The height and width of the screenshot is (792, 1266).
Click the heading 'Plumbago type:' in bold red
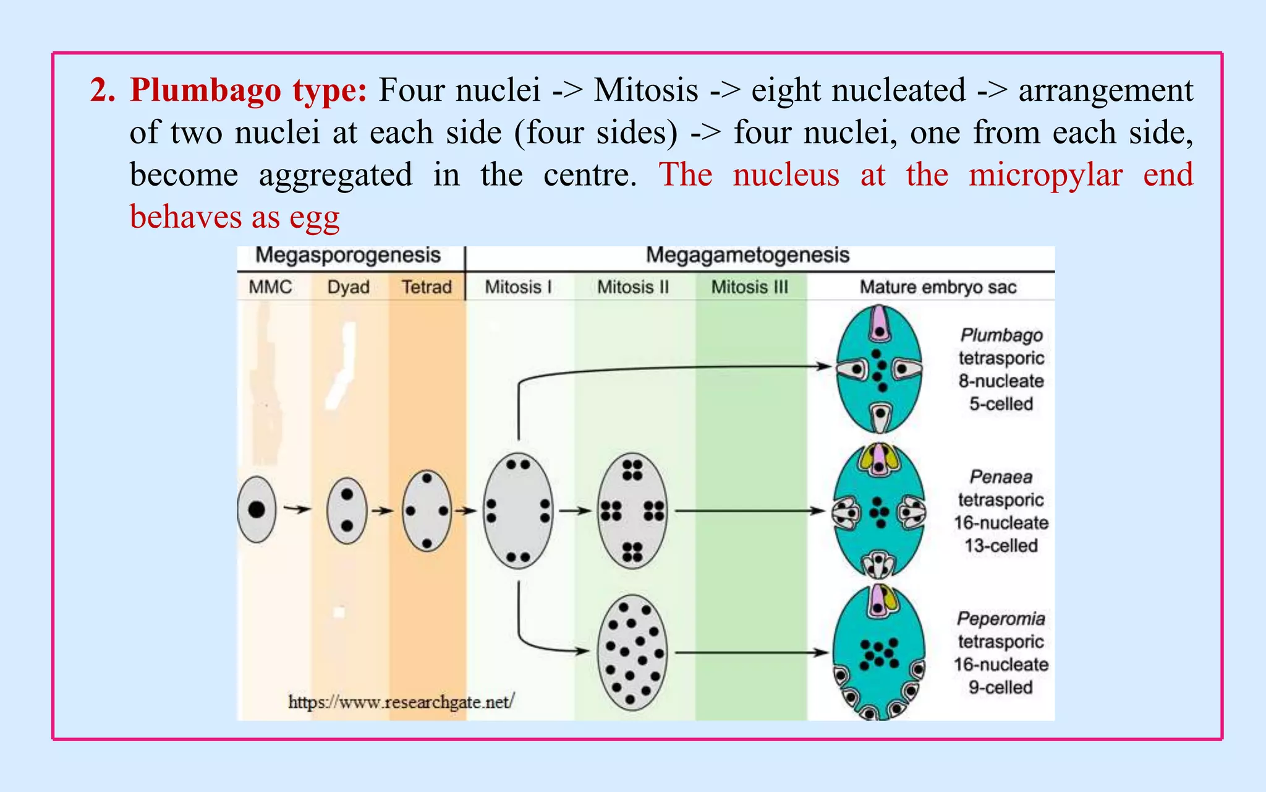click(x=249, y=90)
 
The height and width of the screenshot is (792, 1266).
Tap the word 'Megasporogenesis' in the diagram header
click(x=348, y=255)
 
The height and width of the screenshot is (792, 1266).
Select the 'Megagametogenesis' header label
click(x=747, y=255)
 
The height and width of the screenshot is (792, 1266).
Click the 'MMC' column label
click(x=270, y=287)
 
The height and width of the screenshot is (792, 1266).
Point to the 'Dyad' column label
click(x=349, y=287)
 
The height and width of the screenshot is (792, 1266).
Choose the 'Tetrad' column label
click(x=427, y=287)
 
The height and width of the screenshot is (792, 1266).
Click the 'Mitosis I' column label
click(x=518, y=287)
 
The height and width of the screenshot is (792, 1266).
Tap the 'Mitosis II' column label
click(x=633, y=287)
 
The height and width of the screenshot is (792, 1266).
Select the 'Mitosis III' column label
click(x=749, y=287)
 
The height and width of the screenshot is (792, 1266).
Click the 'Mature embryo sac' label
click(x=938, y=287)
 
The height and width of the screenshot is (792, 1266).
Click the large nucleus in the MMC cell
click(x=257, y=510)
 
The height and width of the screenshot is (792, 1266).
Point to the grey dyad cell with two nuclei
click(x=347, y=510)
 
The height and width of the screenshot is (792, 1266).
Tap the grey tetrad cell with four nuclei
click(x=427, y=510)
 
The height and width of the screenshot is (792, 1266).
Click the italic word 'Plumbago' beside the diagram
click(x=1001, y=335)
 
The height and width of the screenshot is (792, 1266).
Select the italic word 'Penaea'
click(x=1001, y=477)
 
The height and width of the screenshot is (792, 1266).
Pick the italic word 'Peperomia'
click(x=1001, y=619)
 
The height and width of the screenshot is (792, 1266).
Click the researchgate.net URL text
click(x=401, y=702)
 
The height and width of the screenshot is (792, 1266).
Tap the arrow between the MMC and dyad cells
click(x=297, y=509)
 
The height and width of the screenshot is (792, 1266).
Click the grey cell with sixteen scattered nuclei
click(x=632, y=653)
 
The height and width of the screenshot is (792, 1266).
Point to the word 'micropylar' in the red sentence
click(x=1045, y=174)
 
